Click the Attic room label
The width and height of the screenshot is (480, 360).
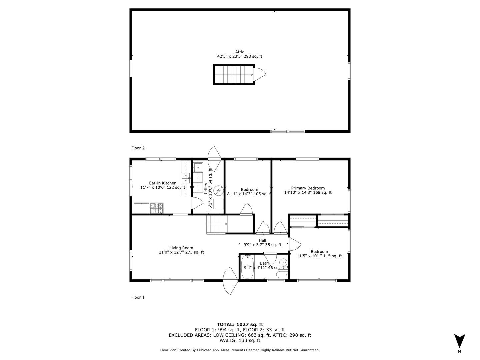[x=240, y=52]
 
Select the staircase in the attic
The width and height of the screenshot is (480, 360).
[x=234, y=75]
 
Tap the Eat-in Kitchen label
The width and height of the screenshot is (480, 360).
[x=163, y=183]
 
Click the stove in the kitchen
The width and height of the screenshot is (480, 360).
[x=157, y=208]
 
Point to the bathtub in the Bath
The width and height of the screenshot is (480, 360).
[x=247, y=267]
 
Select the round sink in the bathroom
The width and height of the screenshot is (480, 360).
[x=283, y=262]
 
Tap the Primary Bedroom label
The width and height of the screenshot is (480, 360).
[x=308, y=188]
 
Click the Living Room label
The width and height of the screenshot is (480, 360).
[x=181, y=248]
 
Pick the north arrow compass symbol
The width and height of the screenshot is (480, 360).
[x=460, y=341]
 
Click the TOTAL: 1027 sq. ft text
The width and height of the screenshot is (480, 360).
[x=240, y=324]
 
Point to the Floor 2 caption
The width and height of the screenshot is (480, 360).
[x=138, y=148]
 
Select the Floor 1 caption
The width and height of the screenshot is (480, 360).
[x=138, y=297]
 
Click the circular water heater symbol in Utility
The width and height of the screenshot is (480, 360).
[x=218, y=190]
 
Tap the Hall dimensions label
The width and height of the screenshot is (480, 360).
[x=262, y=245]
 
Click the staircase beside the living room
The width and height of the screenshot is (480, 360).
[x=217, y=224]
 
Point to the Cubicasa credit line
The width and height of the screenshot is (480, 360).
[x=240, y=350]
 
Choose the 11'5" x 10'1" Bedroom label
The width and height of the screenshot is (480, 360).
[x=319, y=256]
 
